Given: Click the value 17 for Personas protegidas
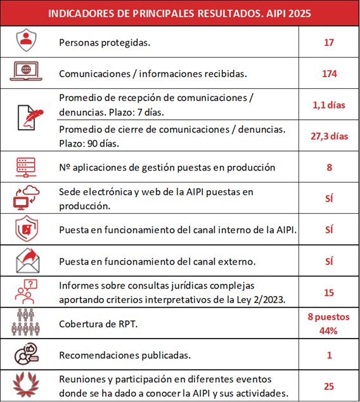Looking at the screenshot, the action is (328, 42).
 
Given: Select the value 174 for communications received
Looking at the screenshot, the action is (328, 74).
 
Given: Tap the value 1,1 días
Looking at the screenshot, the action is (328, 105).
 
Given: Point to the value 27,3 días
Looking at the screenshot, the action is (328, 136).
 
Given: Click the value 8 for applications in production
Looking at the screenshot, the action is (328, 167).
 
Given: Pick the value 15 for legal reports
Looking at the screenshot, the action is (328, 292).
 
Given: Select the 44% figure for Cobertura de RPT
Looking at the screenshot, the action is (328, 330).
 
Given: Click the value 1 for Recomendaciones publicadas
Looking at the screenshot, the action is (328, 355).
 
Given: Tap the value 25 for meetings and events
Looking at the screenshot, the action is (328, 386).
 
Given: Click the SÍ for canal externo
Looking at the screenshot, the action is (328, 261).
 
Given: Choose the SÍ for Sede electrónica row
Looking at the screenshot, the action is (328, 198).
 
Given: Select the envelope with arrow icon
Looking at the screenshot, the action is (27, 260).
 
